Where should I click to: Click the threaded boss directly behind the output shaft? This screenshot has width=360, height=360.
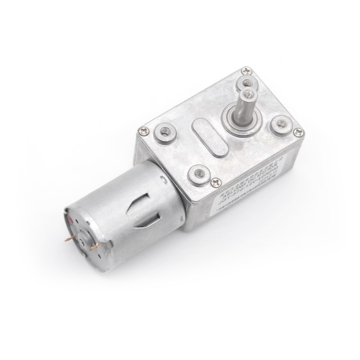pos(246,82)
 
